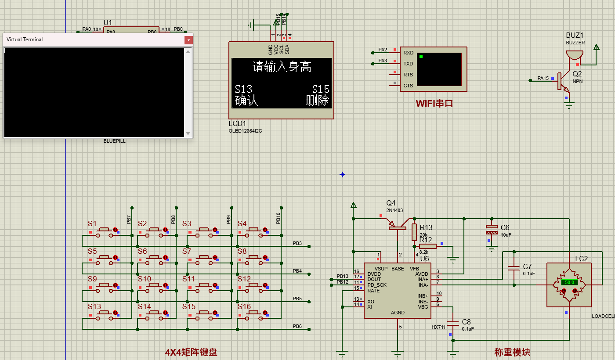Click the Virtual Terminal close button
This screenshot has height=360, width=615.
[x=188, y=40]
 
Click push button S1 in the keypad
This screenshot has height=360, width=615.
[x=105, y=230]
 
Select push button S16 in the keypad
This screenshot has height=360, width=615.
[x=254, y=313]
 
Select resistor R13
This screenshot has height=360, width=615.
[x=414, y=232]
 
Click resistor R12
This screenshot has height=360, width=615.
[x=427, y=246]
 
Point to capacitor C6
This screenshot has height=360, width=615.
[x=491, y=229]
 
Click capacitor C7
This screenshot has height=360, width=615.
[x=513, y=268]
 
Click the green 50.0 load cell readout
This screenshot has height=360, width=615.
[x=569, y=282]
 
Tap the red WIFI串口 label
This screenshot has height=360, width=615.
[x=434, y=104]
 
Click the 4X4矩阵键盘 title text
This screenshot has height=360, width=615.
[x=191, y=352]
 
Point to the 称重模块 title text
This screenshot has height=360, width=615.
[x=512, y=352]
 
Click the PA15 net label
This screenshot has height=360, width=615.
[x=543, y=79]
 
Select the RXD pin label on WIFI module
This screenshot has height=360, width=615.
[x=408, y=53]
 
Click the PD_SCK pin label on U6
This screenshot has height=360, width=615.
[x=377, y=285]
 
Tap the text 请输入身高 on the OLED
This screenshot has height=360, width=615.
[x=282, y=67]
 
